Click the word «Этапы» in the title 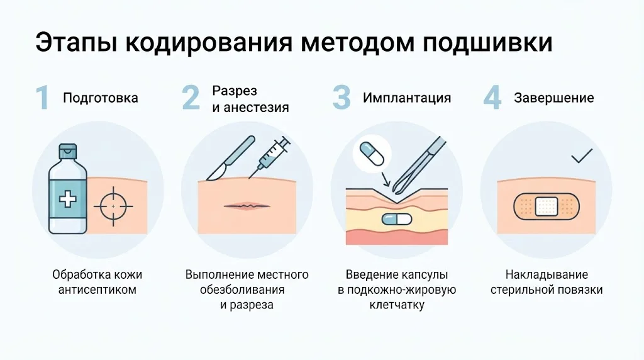coord(76,42)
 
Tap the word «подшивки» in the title coord(487,43)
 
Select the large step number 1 coord(42,98)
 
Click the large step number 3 coord(341,98)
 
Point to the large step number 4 coord(492,98)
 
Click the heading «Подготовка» coord(100,98)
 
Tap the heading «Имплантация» coord(407,98)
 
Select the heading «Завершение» coord(553,98)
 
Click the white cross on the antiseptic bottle coord(68,200)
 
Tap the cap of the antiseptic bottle coord(68,151)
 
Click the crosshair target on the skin coord(113,206)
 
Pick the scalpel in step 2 coord(230,159)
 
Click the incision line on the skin coord(247,205)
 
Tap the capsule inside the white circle coord(371,154)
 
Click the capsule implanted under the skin coord(396,219)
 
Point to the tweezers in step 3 coord(418,165)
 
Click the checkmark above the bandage coord(582,155)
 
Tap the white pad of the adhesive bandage coord(547,206)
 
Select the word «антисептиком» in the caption coord(97,290)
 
